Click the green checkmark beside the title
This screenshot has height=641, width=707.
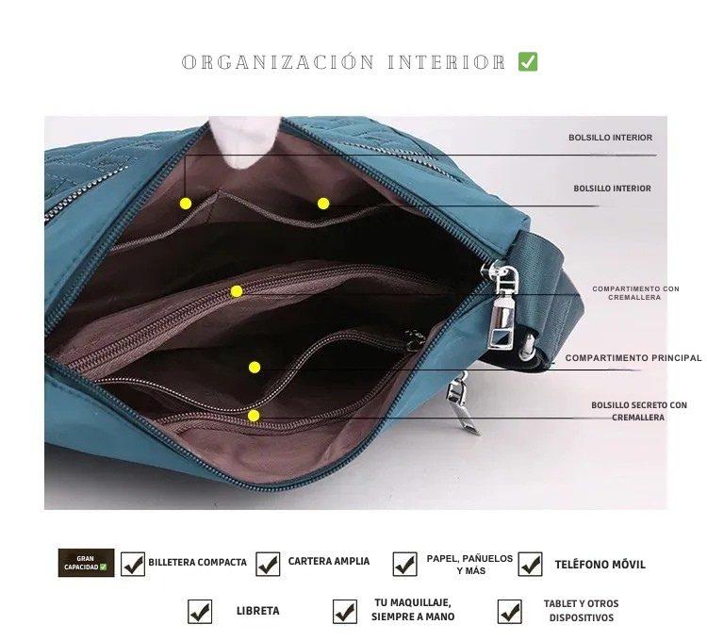[528, 62]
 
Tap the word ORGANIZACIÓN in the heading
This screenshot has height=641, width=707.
[278, 62]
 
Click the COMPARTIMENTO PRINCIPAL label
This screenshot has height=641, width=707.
[633, 358]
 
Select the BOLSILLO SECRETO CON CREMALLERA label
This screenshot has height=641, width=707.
[639, 411]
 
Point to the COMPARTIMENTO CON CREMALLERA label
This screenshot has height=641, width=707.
[635, 293]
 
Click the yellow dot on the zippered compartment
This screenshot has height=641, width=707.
[237, 291]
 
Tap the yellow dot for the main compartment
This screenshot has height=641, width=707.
[255, 368]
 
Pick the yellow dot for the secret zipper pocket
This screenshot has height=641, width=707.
[254, 416]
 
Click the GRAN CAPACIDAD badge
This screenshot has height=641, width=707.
[86, 563]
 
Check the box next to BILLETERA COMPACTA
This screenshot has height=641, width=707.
[133, 564]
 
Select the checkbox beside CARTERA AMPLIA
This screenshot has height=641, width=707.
[268, 564]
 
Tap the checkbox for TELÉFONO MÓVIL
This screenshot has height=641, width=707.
[530, 564]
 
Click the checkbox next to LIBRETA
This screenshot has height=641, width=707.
[200, 612]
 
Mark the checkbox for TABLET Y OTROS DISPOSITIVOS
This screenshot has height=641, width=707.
[509, 612]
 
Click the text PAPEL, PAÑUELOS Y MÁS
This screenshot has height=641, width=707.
[469, 565]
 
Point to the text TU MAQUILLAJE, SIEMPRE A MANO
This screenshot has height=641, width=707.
[413, 610]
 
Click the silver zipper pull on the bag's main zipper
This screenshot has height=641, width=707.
[502, 306]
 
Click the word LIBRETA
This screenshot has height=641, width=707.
[258, 611]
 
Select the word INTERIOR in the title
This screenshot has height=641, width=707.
[447, 62]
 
